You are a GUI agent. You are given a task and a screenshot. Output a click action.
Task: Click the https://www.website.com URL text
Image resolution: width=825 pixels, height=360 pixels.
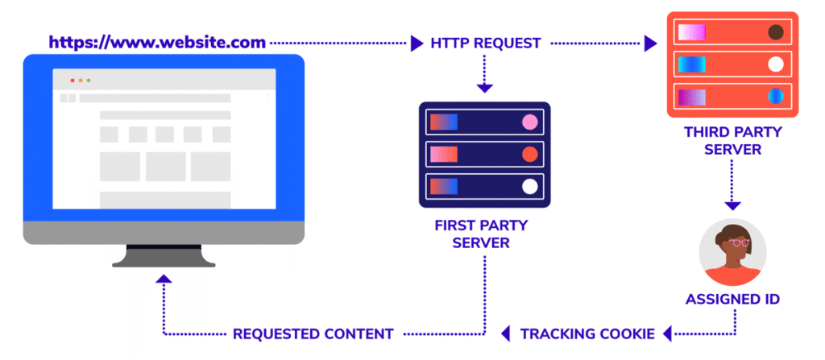coord(156,41)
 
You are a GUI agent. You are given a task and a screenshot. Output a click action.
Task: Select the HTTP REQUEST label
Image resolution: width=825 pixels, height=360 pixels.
coord(487,43)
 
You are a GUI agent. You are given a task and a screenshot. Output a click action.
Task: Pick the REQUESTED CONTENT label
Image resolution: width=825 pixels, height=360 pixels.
coord(313,333)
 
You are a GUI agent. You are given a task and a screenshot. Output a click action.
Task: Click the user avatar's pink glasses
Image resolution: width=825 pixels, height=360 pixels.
coord(739,242)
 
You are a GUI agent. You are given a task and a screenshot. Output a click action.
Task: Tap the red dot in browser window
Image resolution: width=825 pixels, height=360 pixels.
coord(72,81)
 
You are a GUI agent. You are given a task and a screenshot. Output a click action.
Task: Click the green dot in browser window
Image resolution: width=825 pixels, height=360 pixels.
coord(89,81)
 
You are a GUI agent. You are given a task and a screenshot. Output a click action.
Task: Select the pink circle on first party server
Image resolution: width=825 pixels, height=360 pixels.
coord(529,122)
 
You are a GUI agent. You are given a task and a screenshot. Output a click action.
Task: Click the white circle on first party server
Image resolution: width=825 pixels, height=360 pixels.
coord(529,187)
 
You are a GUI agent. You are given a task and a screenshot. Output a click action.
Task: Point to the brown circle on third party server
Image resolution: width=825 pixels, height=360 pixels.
coord(776,33)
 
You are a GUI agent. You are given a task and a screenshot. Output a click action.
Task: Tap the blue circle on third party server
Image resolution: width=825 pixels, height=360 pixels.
coord(776,97)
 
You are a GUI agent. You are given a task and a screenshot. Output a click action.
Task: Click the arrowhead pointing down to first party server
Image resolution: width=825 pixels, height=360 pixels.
coord(483,87)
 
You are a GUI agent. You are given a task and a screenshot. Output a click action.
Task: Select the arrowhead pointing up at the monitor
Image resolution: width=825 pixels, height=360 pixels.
coord(164,279)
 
